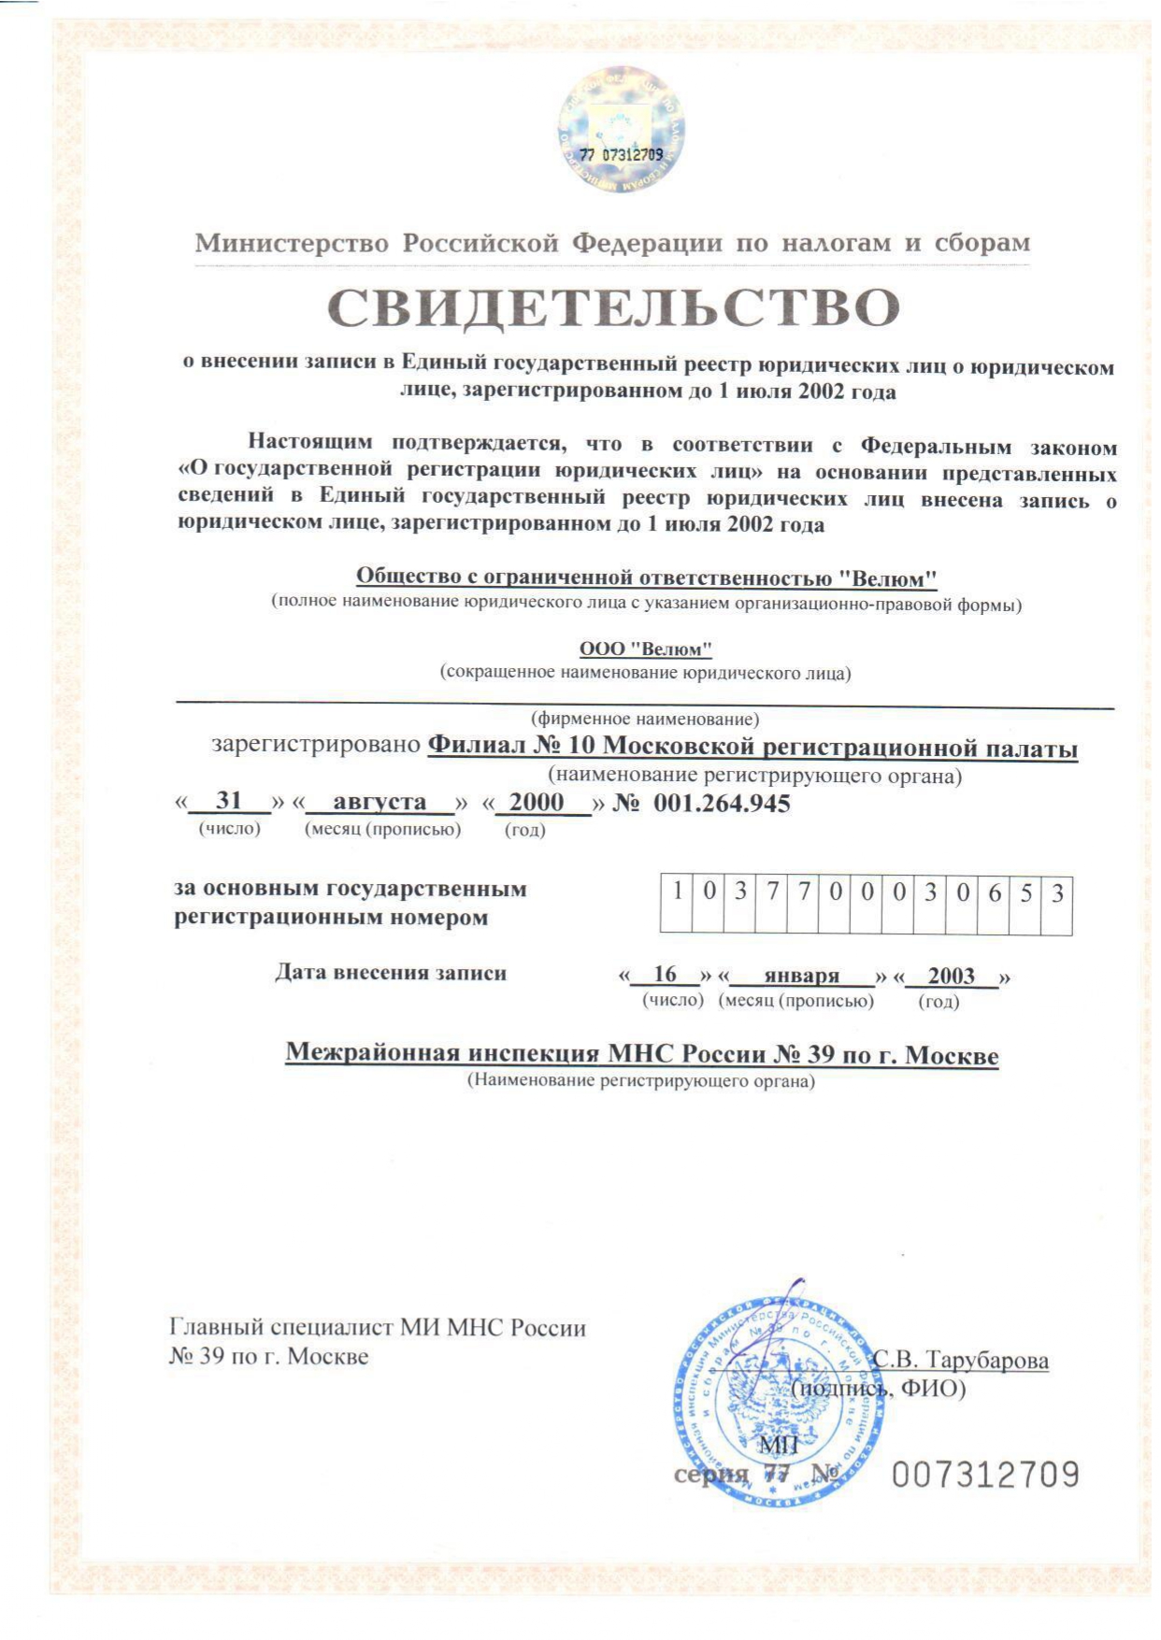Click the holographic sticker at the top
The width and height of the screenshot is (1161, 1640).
(x=622, y=130)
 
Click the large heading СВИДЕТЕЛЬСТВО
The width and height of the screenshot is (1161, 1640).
(x=613, y=308)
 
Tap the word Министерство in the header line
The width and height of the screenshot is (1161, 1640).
(x=292, y=243)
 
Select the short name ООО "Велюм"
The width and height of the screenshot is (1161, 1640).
(x=645, y=649)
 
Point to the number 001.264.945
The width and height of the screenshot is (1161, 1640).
(x=722, y=803)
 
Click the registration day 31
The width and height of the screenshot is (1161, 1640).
(x=229, y=801)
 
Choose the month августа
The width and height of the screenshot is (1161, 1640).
(x=380, y=802)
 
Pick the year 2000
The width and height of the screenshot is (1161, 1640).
(x=537, y=802)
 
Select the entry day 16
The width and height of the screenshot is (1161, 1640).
(x=665, y=975)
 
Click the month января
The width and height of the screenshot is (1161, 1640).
(x=802, y=976)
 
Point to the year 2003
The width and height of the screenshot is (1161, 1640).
(x=952, y=976)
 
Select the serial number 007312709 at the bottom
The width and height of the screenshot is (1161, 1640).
(x=985, y=1476)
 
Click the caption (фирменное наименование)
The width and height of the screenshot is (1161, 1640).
(x=645, y=719)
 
